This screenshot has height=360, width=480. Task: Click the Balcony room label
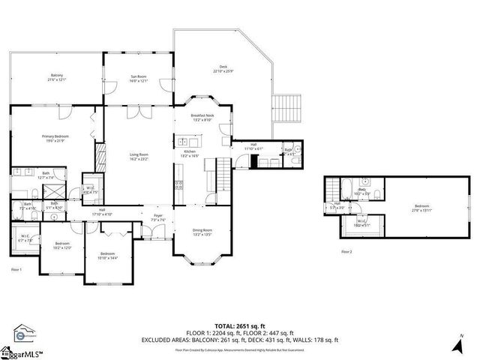click(x=57, y=78)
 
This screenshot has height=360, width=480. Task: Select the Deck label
click(x=223, y=69)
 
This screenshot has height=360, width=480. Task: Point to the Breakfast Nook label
click(x=202, y=117)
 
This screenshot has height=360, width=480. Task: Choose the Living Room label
click(x=139, y=157)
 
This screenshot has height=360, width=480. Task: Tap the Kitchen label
click(x=190, y=153)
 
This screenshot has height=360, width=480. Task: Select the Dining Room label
click(x=202, y=232)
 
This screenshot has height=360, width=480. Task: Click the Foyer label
click(x=158, y=217)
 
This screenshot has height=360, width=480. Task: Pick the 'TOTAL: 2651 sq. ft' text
click(x=240, y=326)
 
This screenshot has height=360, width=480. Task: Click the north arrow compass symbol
click(x=458, y=346)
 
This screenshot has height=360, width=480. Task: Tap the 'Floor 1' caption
click(x=16, y=268)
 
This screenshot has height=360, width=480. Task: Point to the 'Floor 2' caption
click(x=346, y=252)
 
